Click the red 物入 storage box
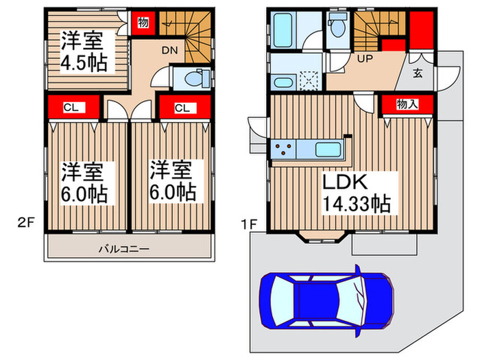click(407, 104)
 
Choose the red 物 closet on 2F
click(143, 23)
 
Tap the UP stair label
click(363, 59)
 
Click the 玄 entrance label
click(417, 72)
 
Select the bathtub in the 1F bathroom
click(283, 29)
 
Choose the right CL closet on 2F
click(182, 107)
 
